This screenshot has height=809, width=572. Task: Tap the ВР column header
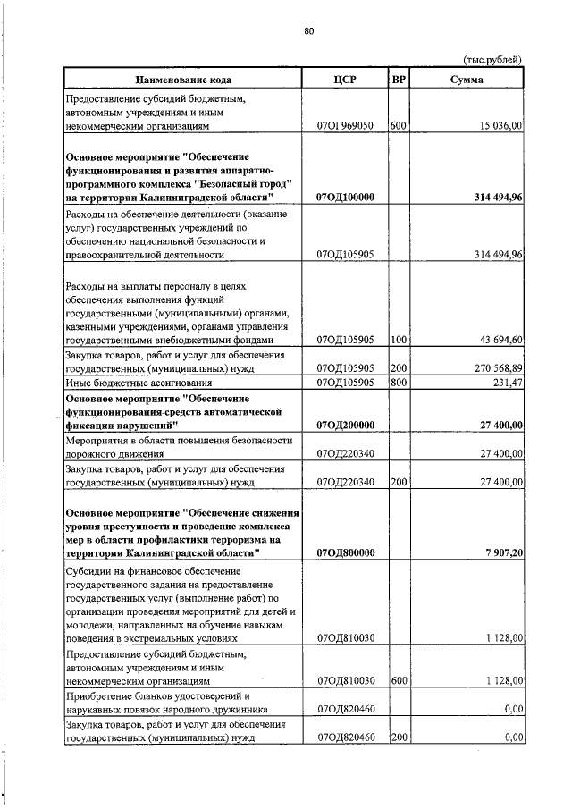(399, 80)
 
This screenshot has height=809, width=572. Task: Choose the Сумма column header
(467, 80)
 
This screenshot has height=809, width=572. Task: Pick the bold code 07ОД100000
(345, 197)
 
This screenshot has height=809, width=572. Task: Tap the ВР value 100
(399, 340)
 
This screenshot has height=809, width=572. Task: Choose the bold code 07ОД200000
(345, 425)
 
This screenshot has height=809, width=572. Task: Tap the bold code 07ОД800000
(345, 553)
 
